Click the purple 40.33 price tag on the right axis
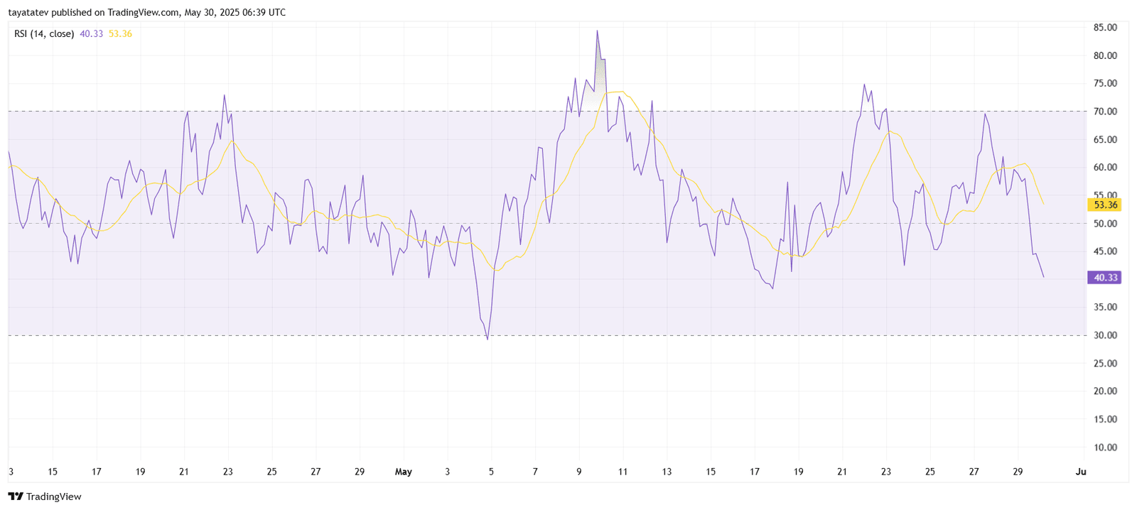[1105, 278]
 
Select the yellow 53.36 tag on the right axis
[1105, 205]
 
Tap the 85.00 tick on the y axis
[1105, 28]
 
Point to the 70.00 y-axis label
[1105, 112]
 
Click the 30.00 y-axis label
[1105, 335]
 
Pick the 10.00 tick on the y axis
[1105, 447]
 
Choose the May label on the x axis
[403, 472]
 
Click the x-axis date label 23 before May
[227, 472]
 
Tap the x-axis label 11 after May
[623, 472]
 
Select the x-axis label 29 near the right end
[1018, 472]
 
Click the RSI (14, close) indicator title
[44, 33]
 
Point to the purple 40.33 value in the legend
[91, 33]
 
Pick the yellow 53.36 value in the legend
[120, 33]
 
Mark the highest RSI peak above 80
[597, 31]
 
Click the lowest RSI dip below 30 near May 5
[487, 339]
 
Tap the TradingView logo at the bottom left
[45, 497]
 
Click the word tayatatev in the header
[28, 12]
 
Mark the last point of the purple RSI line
[1043, 277]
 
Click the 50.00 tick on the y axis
[1105, 224]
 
